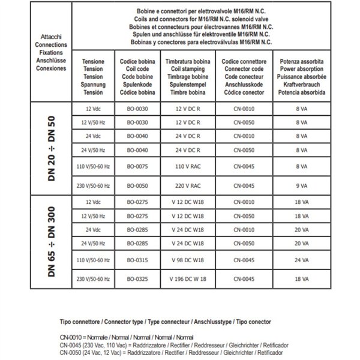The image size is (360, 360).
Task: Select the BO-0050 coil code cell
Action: point(136,185)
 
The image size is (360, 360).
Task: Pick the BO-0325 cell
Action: point(136,279)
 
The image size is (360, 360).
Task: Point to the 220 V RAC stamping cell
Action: point(187,185)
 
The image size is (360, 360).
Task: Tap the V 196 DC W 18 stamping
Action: point(187,279)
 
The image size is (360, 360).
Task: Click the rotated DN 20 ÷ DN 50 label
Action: point(53,148)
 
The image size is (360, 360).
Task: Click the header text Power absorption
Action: point(298,69)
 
